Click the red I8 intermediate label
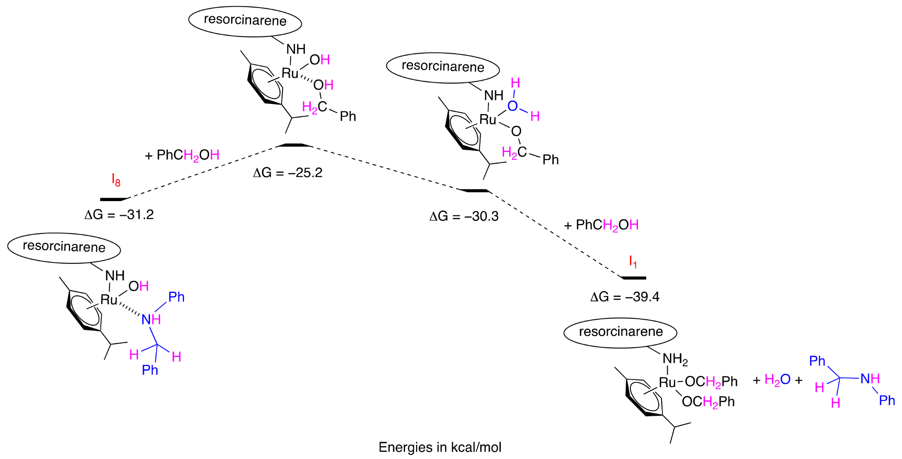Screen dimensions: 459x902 click(116, 180)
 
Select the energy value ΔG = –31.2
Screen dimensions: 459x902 click(119, 215)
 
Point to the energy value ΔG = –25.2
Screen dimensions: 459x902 click(288, 173)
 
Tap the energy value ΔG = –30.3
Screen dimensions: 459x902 click(464, 217)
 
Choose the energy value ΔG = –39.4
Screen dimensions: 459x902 click(625, 297)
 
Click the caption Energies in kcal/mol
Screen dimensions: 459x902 click(440, 447)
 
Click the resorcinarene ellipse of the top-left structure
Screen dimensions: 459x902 click(245, 20)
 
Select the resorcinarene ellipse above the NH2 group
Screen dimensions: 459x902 click(620, 332)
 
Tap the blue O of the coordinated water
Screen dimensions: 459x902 click(512, 106)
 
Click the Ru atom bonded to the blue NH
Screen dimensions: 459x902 click(109, 300)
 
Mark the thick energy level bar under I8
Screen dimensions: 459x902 click(114, 199)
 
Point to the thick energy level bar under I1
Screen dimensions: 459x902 click(634, 278)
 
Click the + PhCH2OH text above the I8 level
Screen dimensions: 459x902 click(182, 155)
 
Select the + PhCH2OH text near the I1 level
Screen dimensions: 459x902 click(601, 225)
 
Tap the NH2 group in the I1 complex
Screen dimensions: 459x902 click(675, 359)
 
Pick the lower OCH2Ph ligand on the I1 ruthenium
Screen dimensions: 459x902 click(708, 402)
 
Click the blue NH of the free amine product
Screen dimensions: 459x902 click(870, 379)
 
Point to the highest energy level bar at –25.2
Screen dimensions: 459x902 click(294, 145)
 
